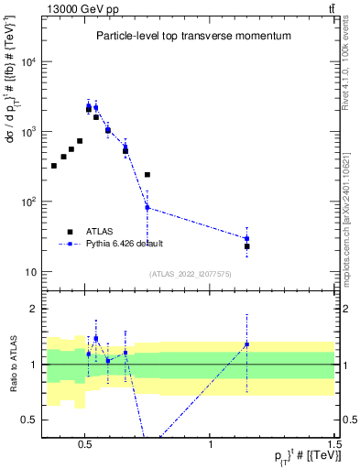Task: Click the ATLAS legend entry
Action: [100, 231]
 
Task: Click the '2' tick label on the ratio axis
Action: [35, 309]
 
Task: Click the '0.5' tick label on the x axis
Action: [84, 442]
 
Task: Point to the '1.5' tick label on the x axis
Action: [334, 442]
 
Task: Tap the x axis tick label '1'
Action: [211, 442]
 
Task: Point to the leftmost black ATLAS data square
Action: [54, 166]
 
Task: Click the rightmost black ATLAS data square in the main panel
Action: [247, 246]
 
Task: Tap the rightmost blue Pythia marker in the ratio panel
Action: [247, 344]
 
